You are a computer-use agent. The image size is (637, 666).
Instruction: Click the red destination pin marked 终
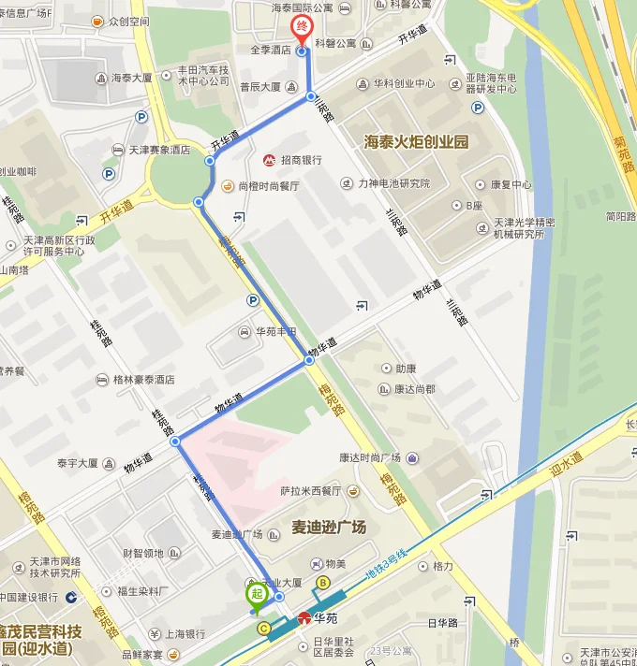301,29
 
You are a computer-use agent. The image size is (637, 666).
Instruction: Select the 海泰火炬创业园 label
415,142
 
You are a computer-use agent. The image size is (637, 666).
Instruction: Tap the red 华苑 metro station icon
304,618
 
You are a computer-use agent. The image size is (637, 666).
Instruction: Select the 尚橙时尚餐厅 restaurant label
268,186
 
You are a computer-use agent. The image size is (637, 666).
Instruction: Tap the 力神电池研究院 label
393,183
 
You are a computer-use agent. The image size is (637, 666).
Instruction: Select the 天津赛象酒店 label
158,150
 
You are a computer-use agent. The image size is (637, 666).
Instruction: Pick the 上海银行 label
183,633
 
